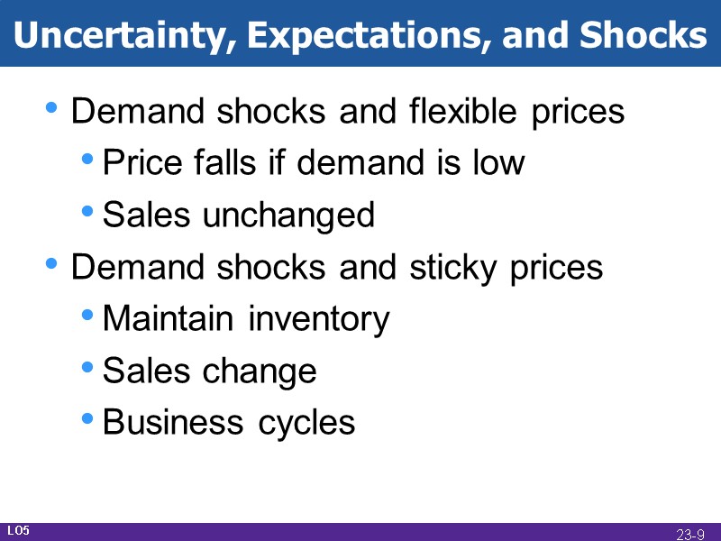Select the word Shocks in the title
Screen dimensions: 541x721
643,35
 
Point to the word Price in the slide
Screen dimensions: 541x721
138,163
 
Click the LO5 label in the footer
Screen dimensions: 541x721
18,531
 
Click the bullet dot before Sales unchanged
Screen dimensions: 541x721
87,212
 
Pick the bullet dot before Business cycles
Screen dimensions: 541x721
87,418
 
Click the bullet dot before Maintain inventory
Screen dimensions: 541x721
87,316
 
